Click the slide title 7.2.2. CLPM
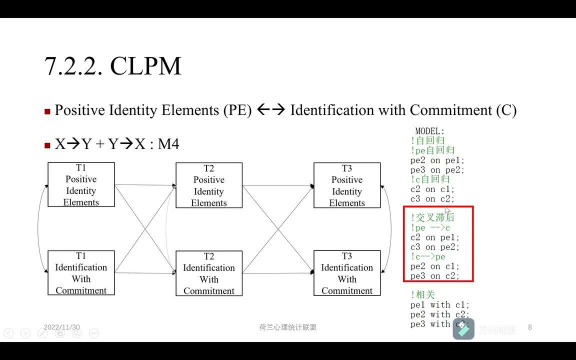pyautogui.click(x=112, y=66)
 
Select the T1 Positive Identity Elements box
pyautogui.click(x=81, y=184)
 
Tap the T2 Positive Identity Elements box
pyautogui.click(x=209, y=185)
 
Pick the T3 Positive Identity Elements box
pyautogui.click(x=347, y=185)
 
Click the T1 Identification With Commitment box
pyautogui.click(x=81, y=273)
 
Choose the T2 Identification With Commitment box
pyautogui.click(x=209, y=273)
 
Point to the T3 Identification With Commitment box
pyautogui.click(x=347, y=273)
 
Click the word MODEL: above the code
pyautogui.click(x=429, y=131)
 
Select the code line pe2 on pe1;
pyautogui.click(x=437, y=160)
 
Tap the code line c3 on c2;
pyautogui.click(x=432, y=199)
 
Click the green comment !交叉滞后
pyautogui.click(x=433, y=218)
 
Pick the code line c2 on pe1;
pyautogui.click(x=435, y=237)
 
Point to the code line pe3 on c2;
pyautogui.click(x=435, y=276)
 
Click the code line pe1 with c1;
pyautogui.click(x=440, y=304)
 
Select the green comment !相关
pyautogui.click(x=423, y=295)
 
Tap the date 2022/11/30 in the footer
pyautogui.click(x=61, y=327)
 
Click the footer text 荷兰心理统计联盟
pyautogui.click(x=288, y=327)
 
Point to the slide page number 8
pyautogui.click(x=530, y=327)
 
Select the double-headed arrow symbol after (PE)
pyautogui.click(x=270, y=110)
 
